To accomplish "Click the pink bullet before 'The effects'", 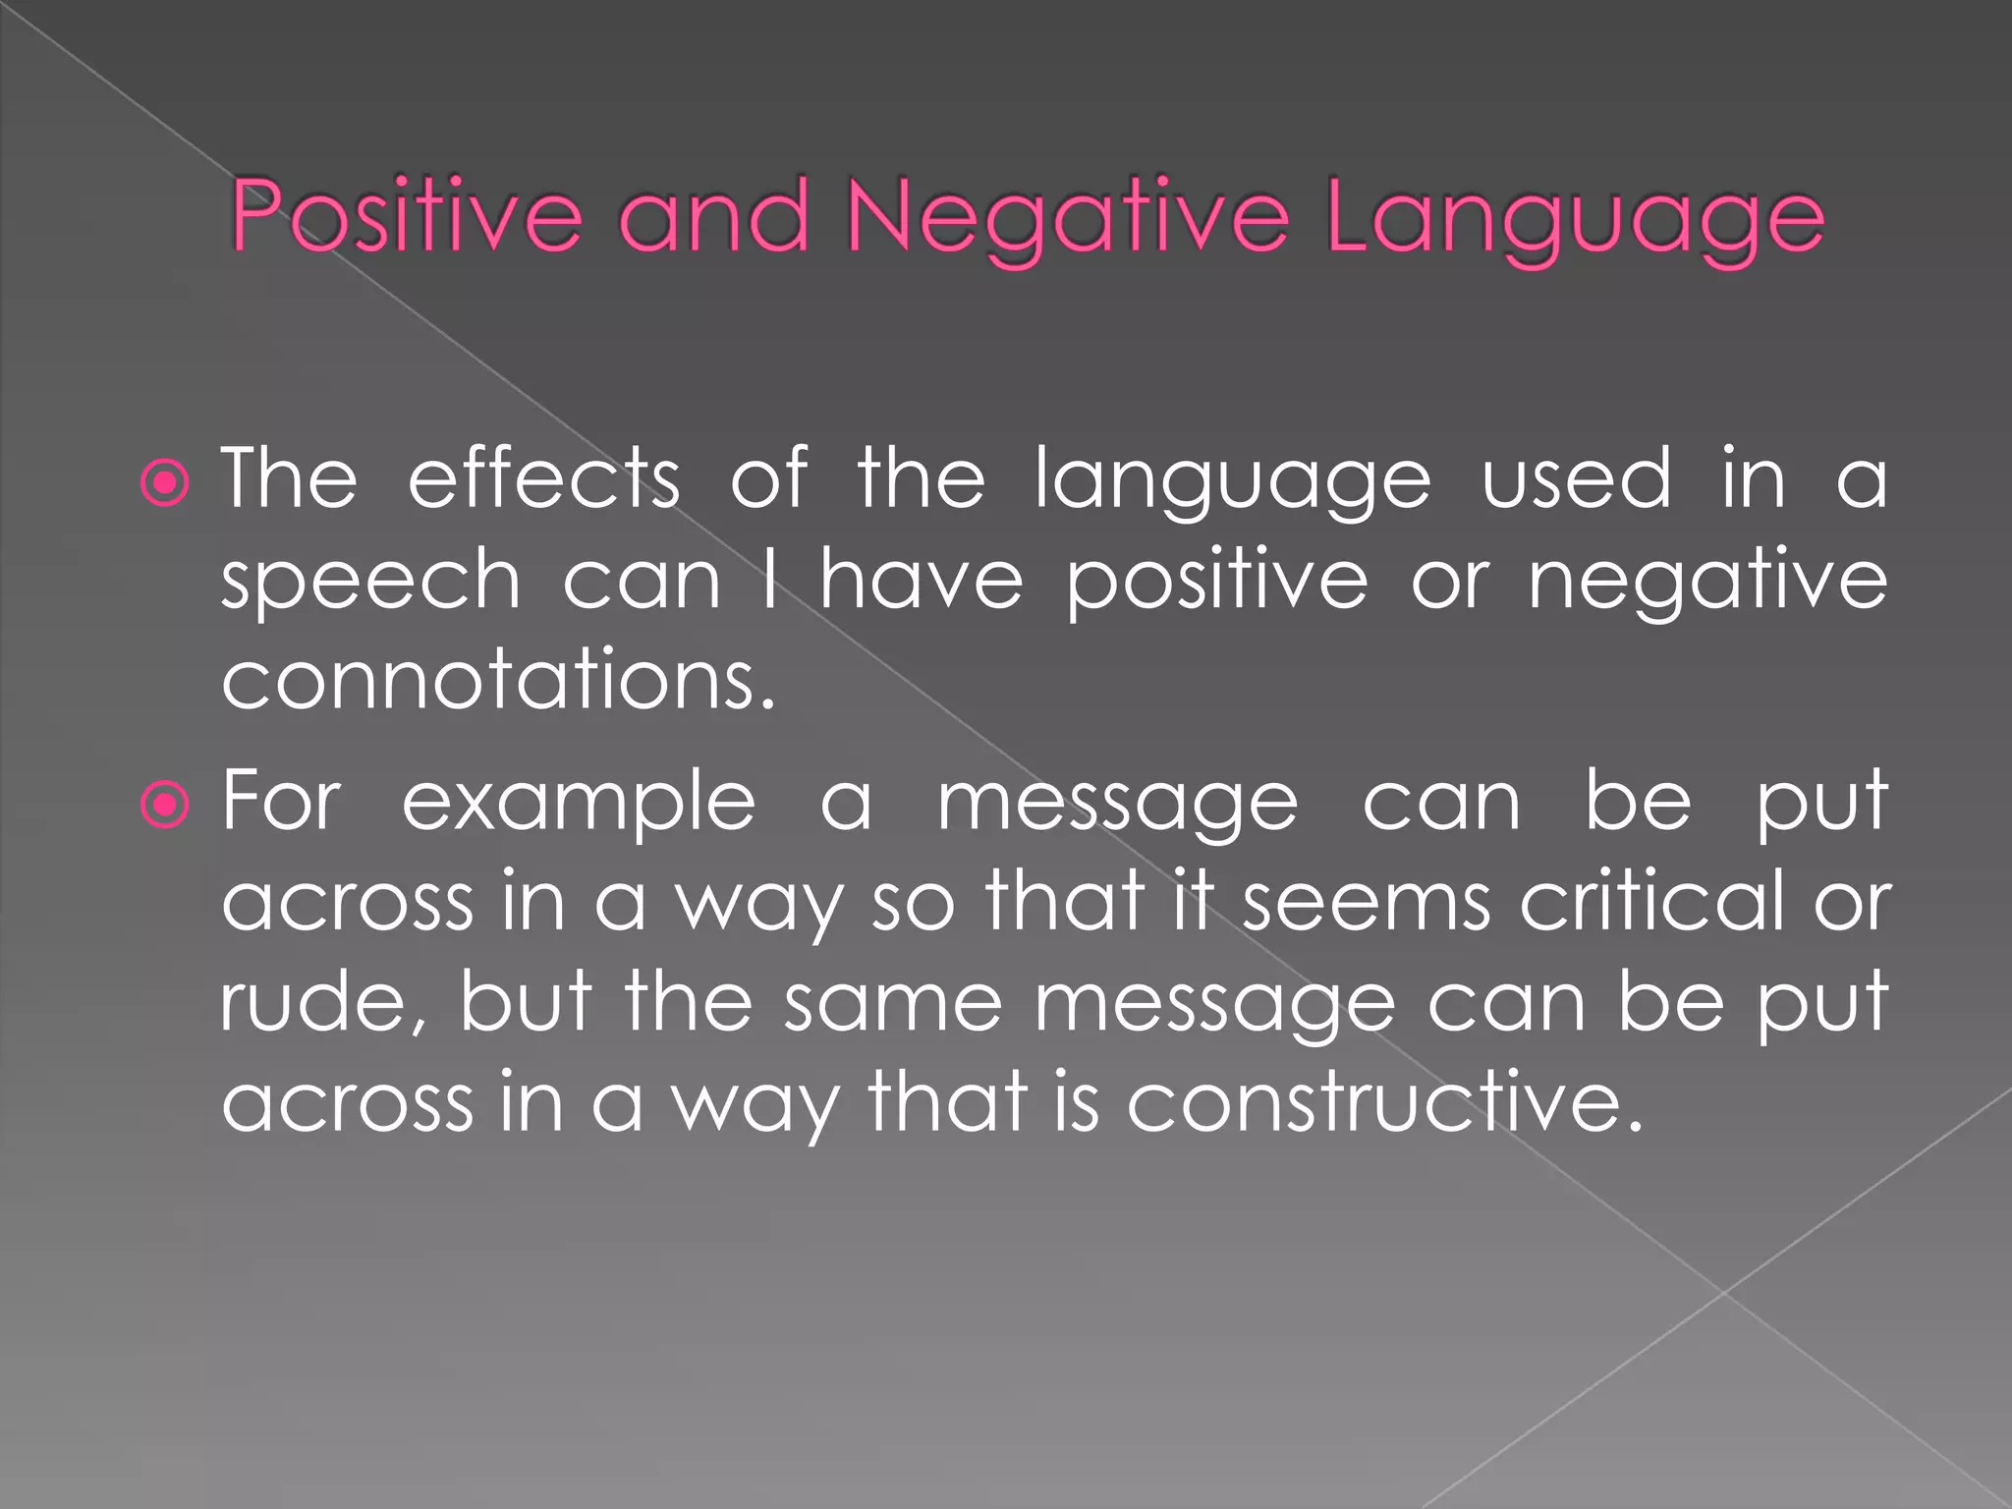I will click(x=164, y=483).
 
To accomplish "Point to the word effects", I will click(x=543, y=478).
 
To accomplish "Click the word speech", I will click(x=370, y=583).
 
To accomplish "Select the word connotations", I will click(x=498, y=680).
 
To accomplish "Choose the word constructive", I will click(x=1384, y=1102).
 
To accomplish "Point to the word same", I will click(x=893, y=1003).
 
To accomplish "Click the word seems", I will click(x=1367, y=902).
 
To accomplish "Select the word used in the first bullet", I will click(x=1576, y=478).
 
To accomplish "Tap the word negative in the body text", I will click(x=1707, y=583).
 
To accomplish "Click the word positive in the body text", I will click(x=1216, y=583).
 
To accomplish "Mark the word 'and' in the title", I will click(x=714, y=216).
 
